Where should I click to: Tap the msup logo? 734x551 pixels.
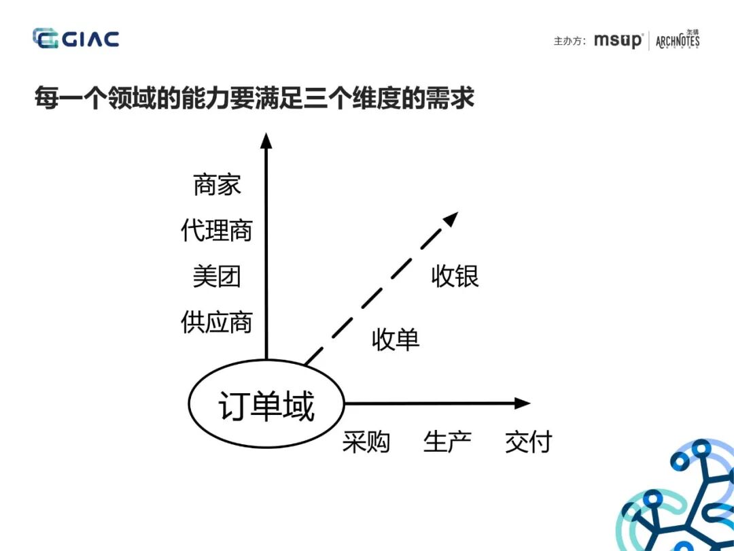click(x=617, y=40)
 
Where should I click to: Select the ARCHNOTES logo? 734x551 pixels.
click(x=678, y=40)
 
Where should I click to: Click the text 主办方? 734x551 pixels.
click(x=570, y=41)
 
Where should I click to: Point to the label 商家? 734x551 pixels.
click(x=217, y=185)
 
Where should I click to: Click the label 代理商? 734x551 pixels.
click(x=217, y=231)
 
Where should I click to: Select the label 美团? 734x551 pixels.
click(x=217, y=276)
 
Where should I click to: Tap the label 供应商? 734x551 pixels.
click(x=217, y=322)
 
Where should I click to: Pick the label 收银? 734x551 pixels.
click(x=455, y=276)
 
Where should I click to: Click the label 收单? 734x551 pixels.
click(x=396, y=339)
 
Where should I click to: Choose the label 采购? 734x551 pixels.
click(x=366, y=442)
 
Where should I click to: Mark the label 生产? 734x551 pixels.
click(x=447, y=442)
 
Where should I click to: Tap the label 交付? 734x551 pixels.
click(x=528, y=442)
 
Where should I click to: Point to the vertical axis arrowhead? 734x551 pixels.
click(x=266, y=141)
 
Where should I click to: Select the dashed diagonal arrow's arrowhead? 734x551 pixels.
click(x=451, y=218)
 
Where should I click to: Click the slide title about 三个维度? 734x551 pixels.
click(x=254, y=99)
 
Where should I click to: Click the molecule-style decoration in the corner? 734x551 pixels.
click(x=680, y=500)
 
